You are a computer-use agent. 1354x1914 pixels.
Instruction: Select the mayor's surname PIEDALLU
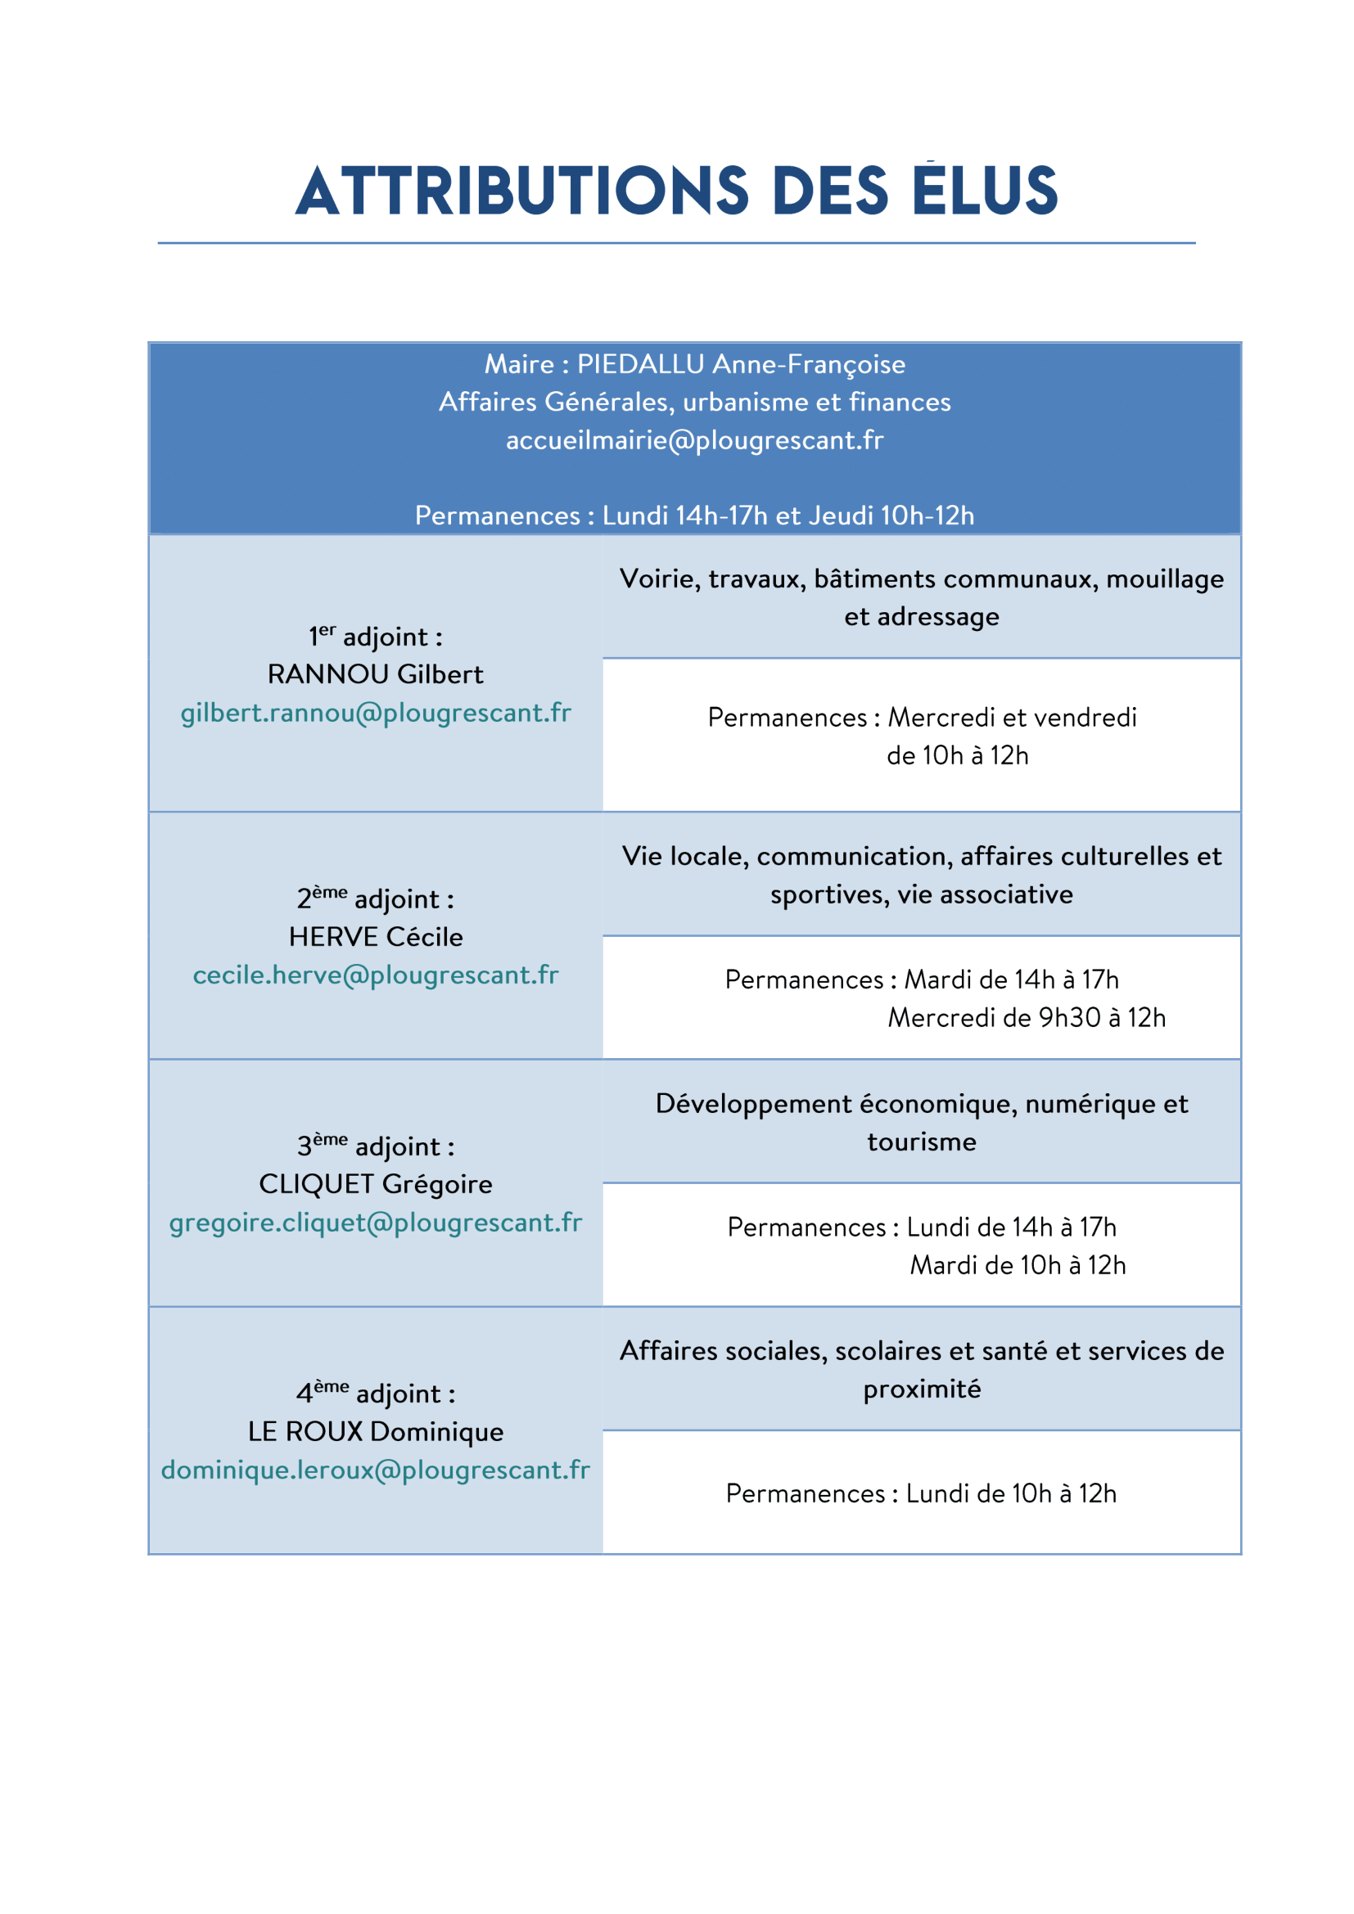(x=640, y=364)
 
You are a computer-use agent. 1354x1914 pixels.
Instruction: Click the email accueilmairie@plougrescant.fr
(x=694, y=440)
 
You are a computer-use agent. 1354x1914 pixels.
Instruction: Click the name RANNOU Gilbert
(x=375, y=674)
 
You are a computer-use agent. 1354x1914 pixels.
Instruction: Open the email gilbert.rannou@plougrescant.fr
(x=376, y=713)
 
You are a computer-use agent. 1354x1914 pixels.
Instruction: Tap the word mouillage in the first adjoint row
(x=1165, y=579)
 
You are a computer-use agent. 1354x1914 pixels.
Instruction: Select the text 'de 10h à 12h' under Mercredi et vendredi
(x=957, y=755)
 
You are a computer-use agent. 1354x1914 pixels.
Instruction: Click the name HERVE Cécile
(x=376, y=937)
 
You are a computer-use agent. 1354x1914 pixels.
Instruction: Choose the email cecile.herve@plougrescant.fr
(x=376, y=975)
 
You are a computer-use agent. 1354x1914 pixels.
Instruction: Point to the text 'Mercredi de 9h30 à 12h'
(x=1027, y=1018)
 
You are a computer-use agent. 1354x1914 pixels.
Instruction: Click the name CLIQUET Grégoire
(x=376, y=1184)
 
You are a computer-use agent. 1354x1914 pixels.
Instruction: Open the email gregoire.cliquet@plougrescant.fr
(x=376, y=1222)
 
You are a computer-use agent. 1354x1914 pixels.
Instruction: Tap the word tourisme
(x=921, y=1142)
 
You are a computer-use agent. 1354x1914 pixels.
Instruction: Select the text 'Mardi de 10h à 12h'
(x=1018, y=1265)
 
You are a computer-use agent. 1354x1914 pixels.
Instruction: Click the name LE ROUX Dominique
(x=376, y=1431)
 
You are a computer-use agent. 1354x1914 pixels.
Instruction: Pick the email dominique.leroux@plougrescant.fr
(x=376, y=1470)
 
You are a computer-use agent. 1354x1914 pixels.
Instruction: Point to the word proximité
(x=921, y=1389)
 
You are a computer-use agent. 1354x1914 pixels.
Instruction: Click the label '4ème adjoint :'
(x=376, y=1393)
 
